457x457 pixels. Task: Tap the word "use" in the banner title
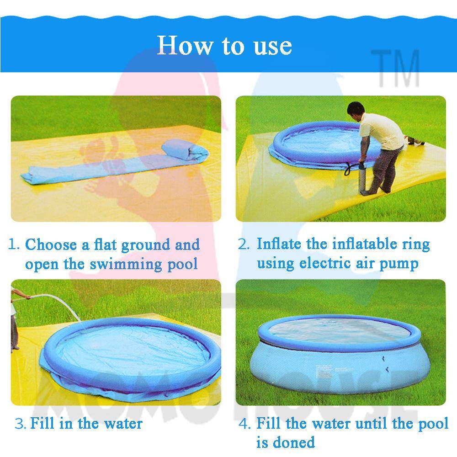click(272, 47)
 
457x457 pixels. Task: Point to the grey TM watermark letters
click(395, 68)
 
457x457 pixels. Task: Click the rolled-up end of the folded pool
click(185, 149)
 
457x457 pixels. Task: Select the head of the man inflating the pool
click(356, 109)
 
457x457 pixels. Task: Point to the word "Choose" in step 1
click(51, 245)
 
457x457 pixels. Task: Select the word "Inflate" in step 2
click(279, 244)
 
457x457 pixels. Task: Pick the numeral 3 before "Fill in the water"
click(20, 424)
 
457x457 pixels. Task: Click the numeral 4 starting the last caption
click(244, 424)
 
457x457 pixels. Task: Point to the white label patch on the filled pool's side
click(324, 372)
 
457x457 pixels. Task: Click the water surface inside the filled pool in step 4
click(339, 330)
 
